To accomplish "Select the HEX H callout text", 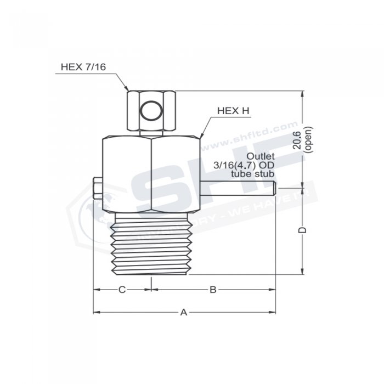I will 233,111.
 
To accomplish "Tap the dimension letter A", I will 184,312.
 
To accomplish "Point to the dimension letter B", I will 213,289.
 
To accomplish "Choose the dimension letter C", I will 122,289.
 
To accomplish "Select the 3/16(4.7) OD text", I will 244,165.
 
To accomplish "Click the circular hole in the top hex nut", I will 150,112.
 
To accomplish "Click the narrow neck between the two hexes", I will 150,133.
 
